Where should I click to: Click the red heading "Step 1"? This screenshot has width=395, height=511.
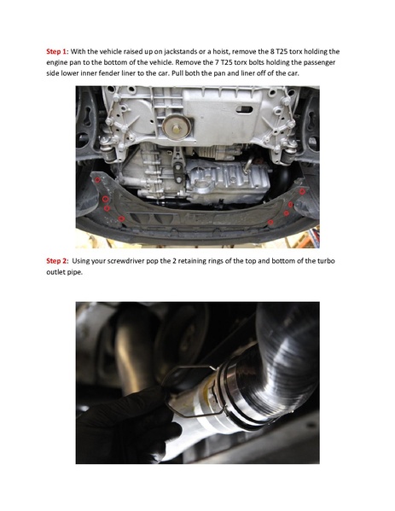pyautogui.click(x=56, y=51)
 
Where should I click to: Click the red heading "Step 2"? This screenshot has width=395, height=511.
pyautogui.click(x=56, y=261)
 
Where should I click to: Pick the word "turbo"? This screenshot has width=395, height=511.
pyautogui.click(x=326, y=261)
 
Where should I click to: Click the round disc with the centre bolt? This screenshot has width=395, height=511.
pyautogui.click(x=177, y=126)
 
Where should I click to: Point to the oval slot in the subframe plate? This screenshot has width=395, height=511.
pyautogui.click(x=245, y=109)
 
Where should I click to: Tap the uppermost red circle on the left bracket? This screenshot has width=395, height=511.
pyautogui.click(x=97, y=179)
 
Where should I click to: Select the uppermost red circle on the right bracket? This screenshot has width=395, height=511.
pyautogui.click(x=302, y=191)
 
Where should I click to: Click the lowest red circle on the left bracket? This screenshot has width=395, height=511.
pyautogui.click(x=121, y=218)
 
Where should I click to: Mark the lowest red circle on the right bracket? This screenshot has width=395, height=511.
pyautogui.click(x=270, y=223)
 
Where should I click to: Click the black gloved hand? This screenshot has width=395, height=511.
pyautogui.click(x=127, y=426)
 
